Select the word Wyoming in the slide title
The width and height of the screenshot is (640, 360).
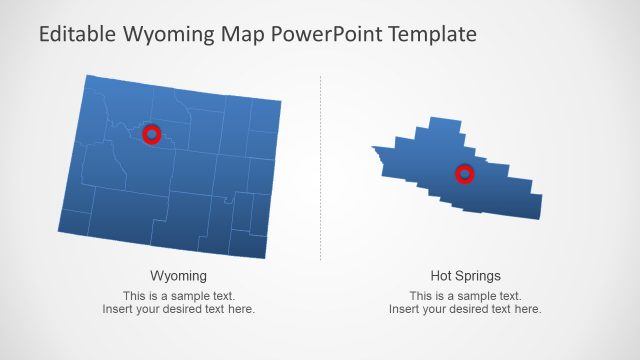166,34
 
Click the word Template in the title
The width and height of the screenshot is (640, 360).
431,34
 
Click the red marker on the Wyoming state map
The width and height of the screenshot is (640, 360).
151,133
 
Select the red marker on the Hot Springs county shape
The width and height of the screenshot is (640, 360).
465,174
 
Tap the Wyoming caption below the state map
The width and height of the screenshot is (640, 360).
178,275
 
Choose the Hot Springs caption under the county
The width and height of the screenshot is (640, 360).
465,275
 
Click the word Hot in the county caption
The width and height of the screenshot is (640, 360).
441,275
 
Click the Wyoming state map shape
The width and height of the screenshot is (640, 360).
180,190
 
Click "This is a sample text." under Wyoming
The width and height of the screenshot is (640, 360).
178,296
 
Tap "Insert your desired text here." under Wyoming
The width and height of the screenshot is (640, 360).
178,309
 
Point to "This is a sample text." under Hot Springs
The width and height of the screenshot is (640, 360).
465,296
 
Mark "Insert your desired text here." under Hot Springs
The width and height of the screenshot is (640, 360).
465,309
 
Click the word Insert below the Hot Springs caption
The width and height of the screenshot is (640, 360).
403,309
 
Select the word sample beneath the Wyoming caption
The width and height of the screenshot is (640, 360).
189,296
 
